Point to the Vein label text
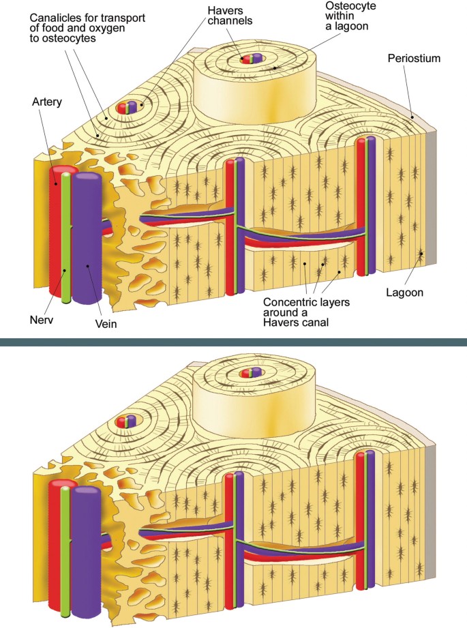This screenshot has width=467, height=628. tap(106, 325)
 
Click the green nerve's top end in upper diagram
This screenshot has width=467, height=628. tap(65, 175)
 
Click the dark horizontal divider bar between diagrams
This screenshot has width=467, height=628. tap(233, 340)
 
